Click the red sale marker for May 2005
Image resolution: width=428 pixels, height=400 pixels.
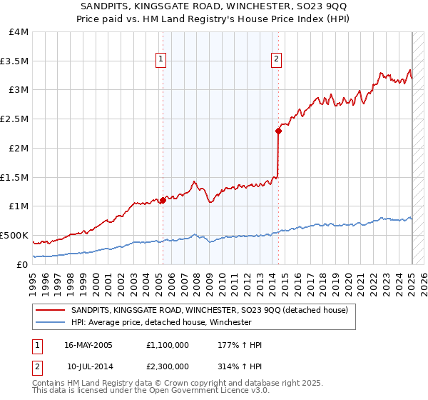click(x=163, y=200)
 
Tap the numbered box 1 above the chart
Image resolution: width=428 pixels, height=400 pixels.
click(x=162, y=60)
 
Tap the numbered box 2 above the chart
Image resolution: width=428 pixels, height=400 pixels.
click(x=276, y=60)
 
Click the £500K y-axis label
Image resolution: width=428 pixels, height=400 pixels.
click(x=14, y=235)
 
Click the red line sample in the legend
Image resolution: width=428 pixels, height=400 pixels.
click(x=51, y=310)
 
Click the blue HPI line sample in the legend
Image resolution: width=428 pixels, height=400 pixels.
click(x=51, y=322)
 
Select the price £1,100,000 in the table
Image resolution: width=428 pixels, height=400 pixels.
click(x=166, y=345)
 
